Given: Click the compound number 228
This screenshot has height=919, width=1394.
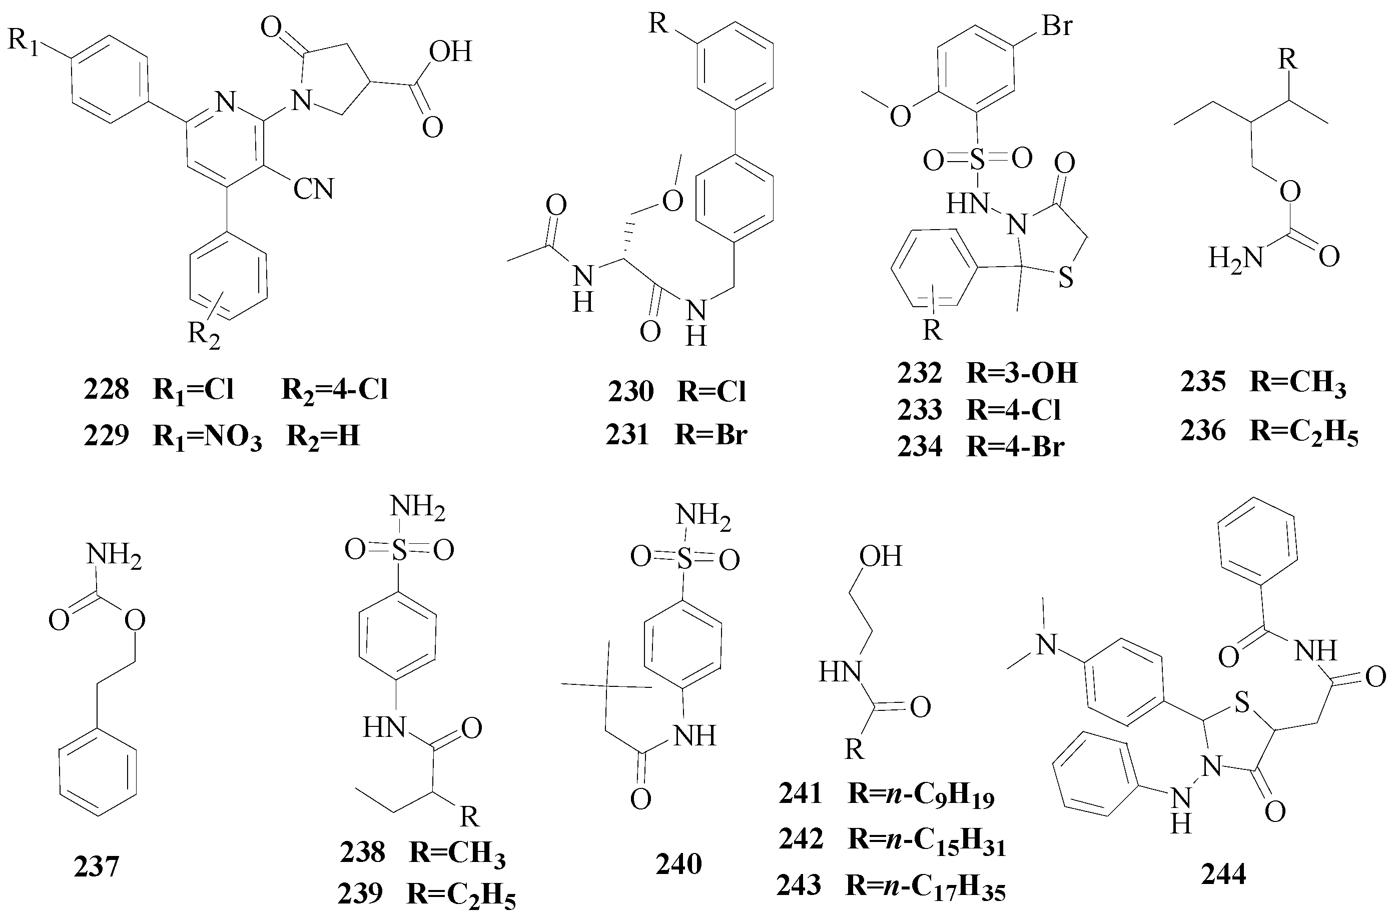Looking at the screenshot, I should [x=106, y=389].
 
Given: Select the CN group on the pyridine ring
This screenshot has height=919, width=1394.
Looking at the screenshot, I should [x=314, y=189].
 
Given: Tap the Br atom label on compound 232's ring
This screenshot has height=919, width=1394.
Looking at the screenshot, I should [x=1057, y=26].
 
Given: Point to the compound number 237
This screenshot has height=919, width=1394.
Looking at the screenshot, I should [x=97, y=865].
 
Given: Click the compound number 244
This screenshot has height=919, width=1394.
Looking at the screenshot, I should [x=1223, y=874].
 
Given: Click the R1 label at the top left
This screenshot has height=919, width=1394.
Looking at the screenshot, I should [x=24, y=42].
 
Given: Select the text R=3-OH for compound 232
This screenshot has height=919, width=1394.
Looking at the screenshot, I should [x=1022, y=373].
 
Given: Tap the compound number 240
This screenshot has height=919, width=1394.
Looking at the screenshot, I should [x=679, y=864].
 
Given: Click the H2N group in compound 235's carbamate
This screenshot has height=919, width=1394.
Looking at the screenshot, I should [x=1236, y=257].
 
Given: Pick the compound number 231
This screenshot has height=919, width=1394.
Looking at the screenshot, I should [x=627, y=434].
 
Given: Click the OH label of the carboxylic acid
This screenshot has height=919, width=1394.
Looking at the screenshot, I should [x=450, y=52].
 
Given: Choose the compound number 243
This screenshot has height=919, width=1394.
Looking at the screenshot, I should [x=799, y=885].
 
